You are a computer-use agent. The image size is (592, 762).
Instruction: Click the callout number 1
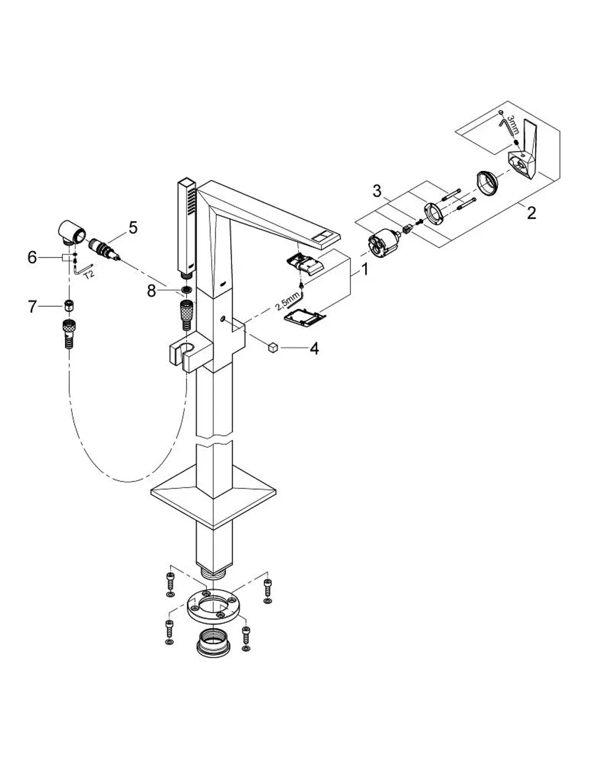tap(365, 269)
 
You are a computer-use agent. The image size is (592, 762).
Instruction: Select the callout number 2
tap(532, 213)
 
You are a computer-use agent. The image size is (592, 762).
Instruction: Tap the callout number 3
tap(377, 191)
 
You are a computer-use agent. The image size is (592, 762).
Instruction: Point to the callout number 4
tap(314, 349)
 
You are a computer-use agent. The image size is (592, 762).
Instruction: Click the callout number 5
tap(133, 227)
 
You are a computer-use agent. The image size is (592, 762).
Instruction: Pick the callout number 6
tap(32, 258)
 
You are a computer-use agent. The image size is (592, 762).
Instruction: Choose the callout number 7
tap(32, 307)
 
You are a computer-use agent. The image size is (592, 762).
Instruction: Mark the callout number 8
tap(152, 291)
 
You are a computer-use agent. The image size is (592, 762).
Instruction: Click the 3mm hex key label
tap(513, 125)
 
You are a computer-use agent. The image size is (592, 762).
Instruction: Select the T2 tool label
tap(89, 274)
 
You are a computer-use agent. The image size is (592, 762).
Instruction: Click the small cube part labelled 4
tap(273, 348)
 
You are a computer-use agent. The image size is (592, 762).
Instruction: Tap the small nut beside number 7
tap(68, 305)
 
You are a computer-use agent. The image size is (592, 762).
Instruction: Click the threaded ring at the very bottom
tap(212, 645)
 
